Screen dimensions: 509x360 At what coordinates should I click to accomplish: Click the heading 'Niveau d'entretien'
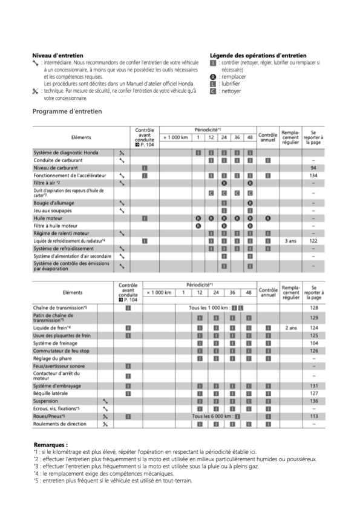coord(53,55)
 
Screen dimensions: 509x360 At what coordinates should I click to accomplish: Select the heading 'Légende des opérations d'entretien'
coord(258,55)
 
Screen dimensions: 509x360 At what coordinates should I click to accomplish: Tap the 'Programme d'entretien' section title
coord(67,111)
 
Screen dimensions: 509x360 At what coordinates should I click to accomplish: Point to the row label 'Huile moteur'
coord(50,217)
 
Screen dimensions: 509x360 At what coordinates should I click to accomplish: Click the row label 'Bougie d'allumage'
coord(55,202)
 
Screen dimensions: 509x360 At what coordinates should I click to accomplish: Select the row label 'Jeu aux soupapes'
coord(54,210)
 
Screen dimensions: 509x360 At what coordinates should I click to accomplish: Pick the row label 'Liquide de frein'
coord(52,327)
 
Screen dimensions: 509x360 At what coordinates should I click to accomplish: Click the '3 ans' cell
coord(290,241)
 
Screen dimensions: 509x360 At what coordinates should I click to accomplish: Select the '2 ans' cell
coord(290,327)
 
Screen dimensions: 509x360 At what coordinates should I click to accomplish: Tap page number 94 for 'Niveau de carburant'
coord(313,167)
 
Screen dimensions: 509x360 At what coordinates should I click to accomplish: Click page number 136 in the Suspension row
coord(313,401)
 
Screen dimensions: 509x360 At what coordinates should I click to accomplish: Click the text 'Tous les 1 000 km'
coord(209,308)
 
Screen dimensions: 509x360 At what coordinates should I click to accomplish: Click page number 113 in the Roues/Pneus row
coord(313,416)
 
